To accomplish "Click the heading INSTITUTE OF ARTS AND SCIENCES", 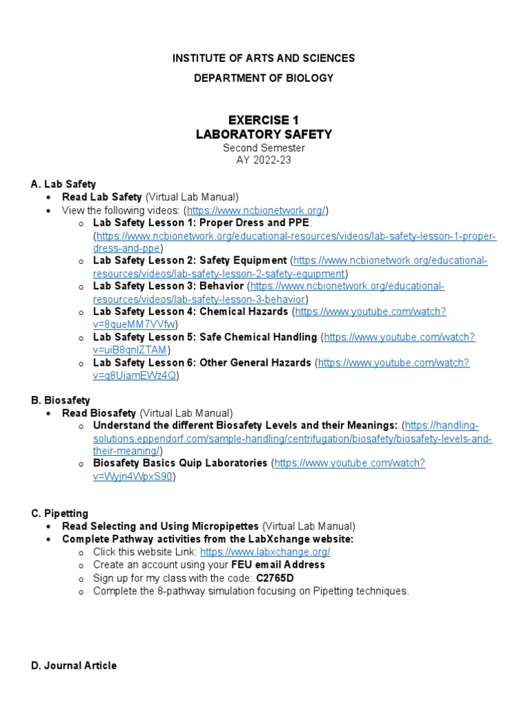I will point(263,58).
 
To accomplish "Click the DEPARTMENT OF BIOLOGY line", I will point(263,78).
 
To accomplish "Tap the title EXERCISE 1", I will point(263,120).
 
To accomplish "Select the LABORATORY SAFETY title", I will point(263,135).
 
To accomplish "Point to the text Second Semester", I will point(263,148).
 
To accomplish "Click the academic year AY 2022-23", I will point(263,160).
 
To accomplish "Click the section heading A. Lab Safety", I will point(63,184).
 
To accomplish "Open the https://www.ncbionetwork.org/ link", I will point(256,210).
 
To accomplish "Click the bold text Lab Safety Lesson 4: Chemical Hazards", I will point(190,311).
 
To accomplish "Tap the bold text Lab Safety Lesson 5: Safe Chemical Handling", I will point(205,337).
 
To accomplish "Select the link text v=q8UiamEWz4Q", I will point(135,375).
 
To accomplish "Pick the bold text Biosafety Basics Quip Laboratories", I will point(179,463).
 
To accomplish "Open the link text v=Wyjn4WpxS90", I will point(133,476).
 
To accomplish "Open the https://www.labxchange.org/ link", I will point(265,552).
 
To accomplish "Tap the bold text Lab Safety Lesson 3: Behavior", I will point(168,286).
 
